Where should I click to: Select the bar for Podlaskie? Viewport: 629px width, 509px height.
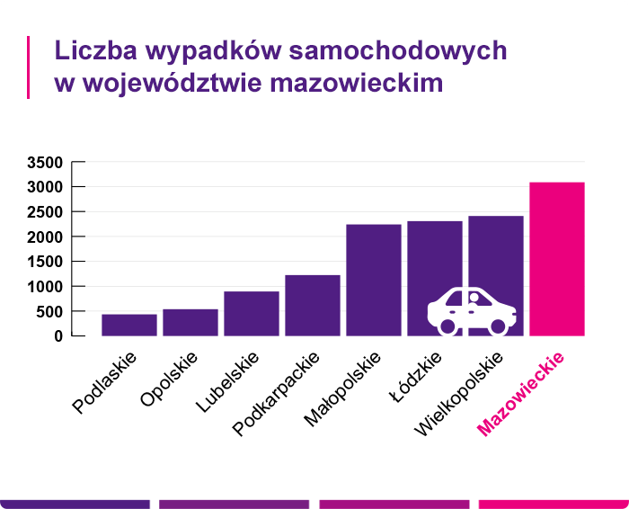pyautogui.click(x=129, y=325)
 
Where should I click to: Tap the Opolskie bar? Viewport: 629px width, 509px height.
pyautogui.click(x=190, y=322)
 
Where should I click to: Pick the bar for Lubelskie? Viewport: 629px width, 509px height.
pyautogui.click(x=252, y=313)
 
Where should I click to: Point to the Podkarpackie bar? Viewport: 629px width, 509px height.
pyautogui.click(x=313, y=305)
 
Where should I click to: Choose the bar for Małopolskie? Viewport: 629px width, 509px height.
pyautogui.click(x=374, y=280)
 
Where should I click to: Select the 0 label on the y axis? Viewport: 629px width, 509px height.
pyautogui.click(x=58, y=336)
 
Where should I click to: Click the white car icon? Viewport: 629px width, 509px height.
pyautogui.click(x=472, y=310)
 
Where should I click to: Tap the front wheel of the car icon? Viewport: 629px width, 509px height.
pyautogui.click(x=498, y=326)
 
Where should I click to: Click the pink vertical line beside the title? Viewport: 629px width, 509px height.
pyautogui.click(x=29, y=67)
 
